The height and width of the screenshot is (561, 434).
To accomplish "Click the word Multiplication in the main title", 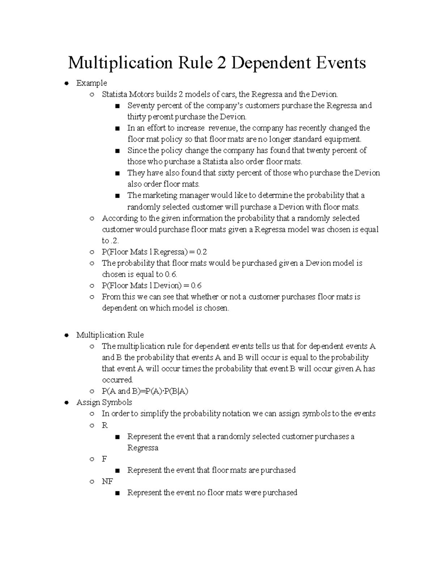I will pos(120,63).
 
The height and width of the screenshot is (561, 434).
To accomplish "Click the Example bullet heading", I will pos(92,83).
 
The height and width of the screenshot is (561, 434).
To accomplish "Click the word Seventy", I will pos(141,106).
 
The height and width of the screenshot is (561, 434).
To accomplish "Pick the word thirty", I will pos(136,117).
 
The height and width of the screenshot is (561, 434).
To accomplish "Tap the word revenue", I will pos(222,128).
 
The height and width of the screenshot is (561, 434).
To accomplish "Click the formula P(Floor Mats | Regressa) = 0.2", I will pos(154,252).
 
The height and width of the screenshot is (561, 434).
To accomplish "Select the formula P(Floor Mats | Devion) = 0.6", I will pos(152,286).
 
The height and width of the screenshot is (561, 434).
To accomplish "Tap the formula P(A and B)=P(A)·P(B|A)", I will pos(145,391).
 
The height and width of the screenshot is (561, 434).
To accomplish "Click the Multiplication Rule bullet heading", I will pos(110,335).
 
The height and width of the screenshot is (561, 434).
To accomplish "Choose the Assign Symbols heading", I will pos(104,402).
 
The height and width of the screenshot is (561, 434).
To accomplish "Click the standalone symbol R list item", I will pos(105,425).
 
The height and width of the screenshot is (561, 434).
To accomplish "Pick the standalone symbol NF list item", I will pos(107,482).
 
